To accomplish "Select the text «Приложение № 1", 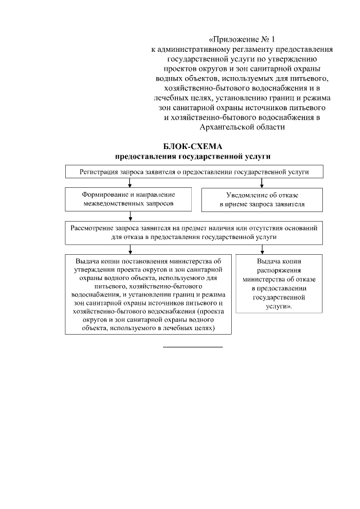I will [x=241, y=40].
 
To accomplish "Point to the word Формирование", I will [x=103, y=193].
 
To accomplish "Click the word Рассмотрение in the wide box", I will [x=91, y=228].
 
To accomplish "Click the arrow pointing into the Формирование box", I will [x=130, y=183].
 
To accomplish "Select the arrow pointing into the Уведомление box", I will [x=262, y=183].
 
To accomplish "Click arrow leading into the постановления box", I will [x=130, y=250].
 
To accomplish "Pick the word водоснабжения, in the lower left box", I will [x=97, y=295].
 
